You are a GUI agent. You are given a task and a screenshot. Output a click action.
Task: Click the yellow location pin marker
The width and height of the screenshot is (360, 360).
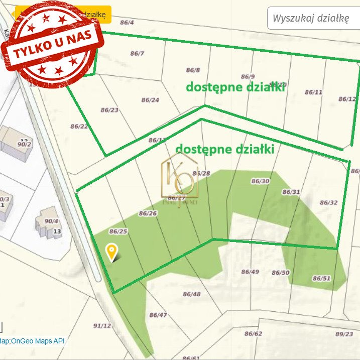(111, 251)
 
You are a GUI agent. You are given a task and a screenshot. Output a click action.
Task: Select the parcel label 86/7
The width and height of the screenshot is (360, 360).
(137, 53)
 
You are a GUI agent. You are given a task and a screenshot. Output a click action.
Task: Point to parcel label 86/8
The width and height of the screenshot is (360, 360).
(193, 70)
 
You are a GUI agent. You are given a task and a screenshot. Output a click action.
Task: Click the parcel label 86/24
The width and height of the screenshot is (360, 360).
(150, 100)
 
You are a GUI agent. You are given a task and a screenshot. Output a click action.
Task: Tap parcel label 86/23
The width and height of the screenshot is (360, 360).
(109, 109)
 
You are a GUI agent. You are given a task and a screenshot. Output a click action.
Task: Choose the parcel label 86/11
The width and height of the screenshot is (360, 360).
(313, 92)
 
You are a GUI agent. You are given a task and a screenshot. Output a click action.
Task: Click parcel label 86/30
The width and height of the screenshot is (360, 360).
(260, 181)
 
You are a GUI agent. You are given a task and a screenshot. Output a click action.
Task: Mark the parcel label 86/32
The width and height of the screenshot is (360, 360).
(328, 202)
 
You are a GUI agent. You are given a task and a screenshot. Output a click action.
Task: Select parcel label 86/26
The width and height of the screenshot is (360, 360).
(148, 213)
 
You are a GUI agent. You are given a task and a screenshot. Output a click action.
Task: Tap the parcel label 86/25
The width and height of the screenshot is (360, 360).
(118, 231)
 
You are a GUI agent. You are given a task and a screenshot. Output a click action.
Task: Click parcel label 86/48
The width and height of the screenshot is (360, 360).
(191, 294)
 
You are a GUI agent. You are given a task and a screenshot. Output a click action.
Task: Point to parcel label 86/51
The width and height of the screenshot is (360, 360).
(322, 278)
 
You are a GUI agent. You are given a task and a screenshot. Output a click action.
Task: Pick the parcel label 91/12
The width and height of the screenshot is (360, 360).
(102, 325)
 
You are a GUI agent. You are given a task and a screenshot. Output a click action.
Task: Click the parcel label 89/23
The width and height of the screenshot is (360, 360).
(344, 333)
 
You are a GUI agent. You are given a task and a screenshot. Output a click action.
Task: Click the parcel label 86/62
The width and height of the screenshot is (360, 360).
(253, 333)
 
